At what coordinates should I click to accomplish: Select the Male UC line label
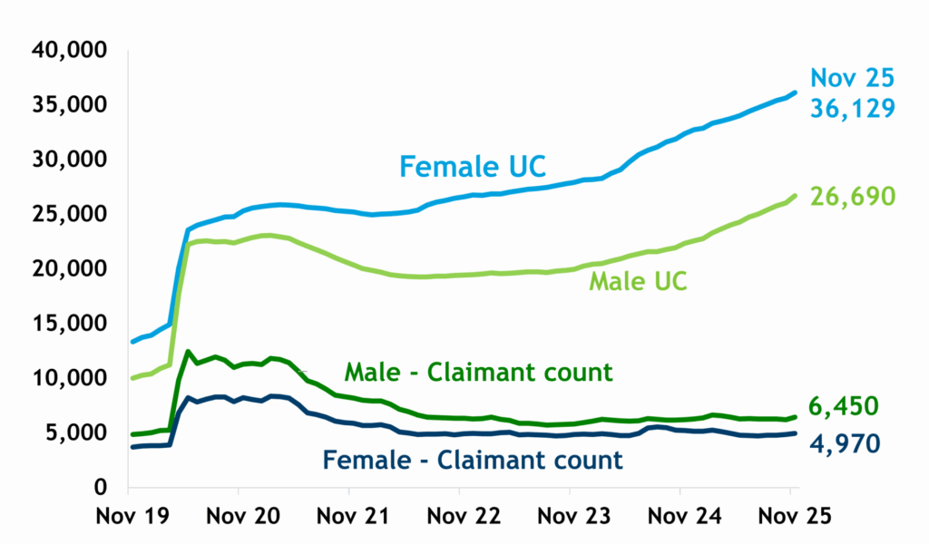pos(638,280)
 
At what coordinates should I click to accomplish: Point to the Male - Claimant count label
pos(478,371)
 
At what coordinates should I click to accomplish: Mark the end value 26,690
pos(853,196)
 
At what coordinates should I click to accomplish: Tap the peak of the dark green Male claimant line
pos(188,352)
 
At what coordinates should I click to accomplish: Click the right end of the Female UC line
pos(795,92)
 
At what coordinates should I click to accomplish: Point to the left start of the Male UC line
pos(133,378)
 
